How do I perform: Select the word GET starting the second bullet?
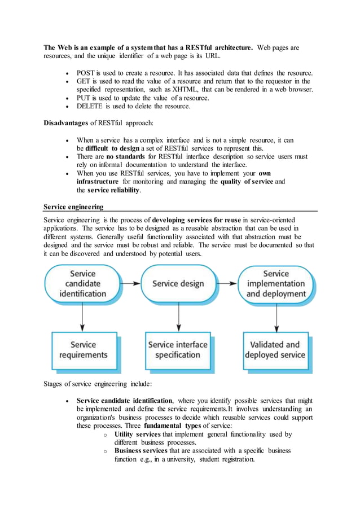[x=84, y=81]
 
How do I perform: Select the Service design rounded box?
[x=178, y=283]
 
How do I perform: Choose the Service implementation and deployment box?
[x=275, y=283]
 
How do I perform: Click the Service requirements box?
[x=83, y=350]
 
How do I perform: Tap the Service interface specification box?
[x=178, y=350]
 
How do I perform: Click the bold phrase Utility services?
[x=137, y=435]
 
